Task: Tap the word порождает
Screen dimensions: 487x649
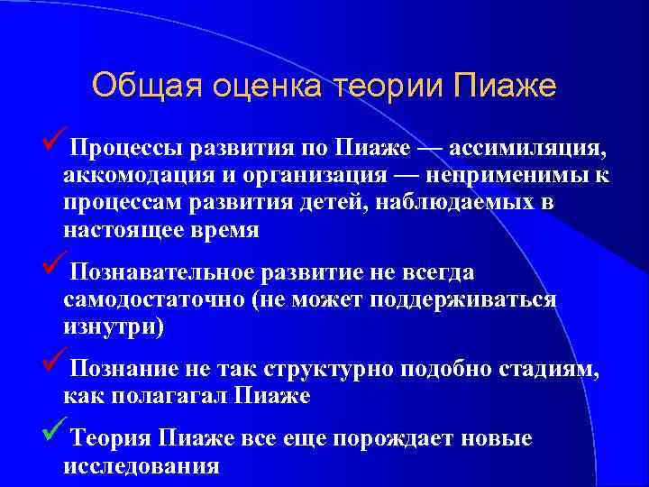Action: [x=398, y=439]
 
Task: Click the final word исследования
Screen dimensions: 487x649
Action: [x=142, y=467]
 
